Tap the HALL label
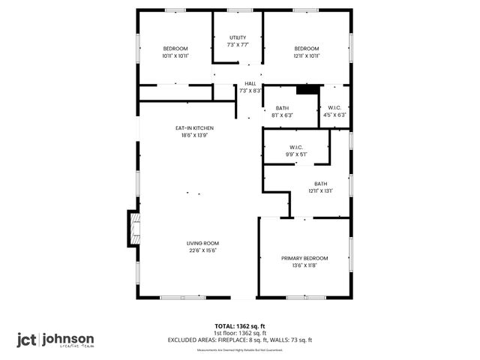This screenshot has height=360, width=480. pyautogui.click(x=250, y=84)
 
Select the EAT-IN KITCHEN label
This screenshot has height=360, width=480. pyautogui.click(x=195, y=128)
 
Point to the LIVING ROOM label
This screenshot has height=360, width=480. pyautogui.click(x=202, y=243)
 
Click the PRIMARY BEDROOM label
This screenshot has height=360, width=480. pyautogui.click(x=304, y=258)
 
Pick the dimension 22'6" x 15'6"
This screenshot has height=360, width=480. pyautogui.click(x=202, y=250)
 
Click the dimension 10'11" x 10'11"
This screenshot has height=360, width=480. pyautogui.click(x=175, y=55)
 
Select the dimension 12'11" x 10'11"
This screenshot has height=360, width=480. pyautogui.click(x=307, y=55)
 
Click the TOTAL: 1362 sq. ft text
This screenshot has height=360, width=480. pyautogui.click(x=240, y=326)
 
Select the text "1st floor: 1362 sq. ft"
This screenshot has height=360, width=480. pyautogui.click(x=240, y=333)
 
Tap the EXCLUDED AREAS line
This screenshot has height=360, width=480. pyautogui.click(x=240, y=340)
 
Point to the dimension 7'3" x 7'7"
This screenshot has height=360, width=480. pyautogui.click(x=238, y=45)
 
